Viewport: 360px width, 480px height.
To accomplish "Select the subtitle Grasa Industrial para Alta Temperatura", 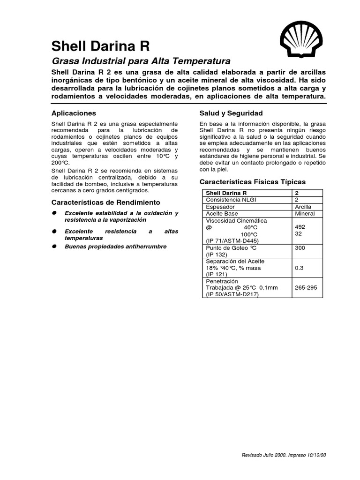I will tap(141, 61).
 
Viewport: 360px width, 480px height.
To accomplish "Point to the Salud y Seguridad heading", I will tap(231, 113).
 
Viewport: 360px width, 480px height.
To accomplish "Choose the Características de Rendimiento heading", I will tap(105, 202).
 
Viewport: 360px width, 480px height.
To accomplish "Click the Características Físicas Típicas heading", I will tap(252, 181).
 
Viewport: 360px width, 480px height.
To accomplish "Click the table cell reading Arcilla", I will tap(302, 207).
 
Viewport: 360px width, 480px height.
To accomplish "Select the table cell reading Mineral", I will tap(304, 214).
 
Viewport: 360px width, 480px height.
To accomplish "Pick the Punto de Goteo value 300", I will tap(300, 248).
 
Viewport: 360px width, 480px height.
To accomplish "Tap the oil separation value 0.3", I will tap(299, 268).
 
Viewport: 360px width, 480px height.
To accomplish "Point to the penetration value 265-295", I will tap(305, 288).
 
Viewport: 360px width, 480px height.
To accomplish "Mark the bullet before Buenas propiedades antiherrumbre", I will tap(55, 247).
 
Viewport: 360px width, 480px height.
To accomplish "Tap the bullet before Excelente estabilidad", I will tap(55, 213).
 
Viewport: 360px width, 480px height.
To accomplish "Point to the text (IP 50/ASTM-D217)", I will tap(232, 295).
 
